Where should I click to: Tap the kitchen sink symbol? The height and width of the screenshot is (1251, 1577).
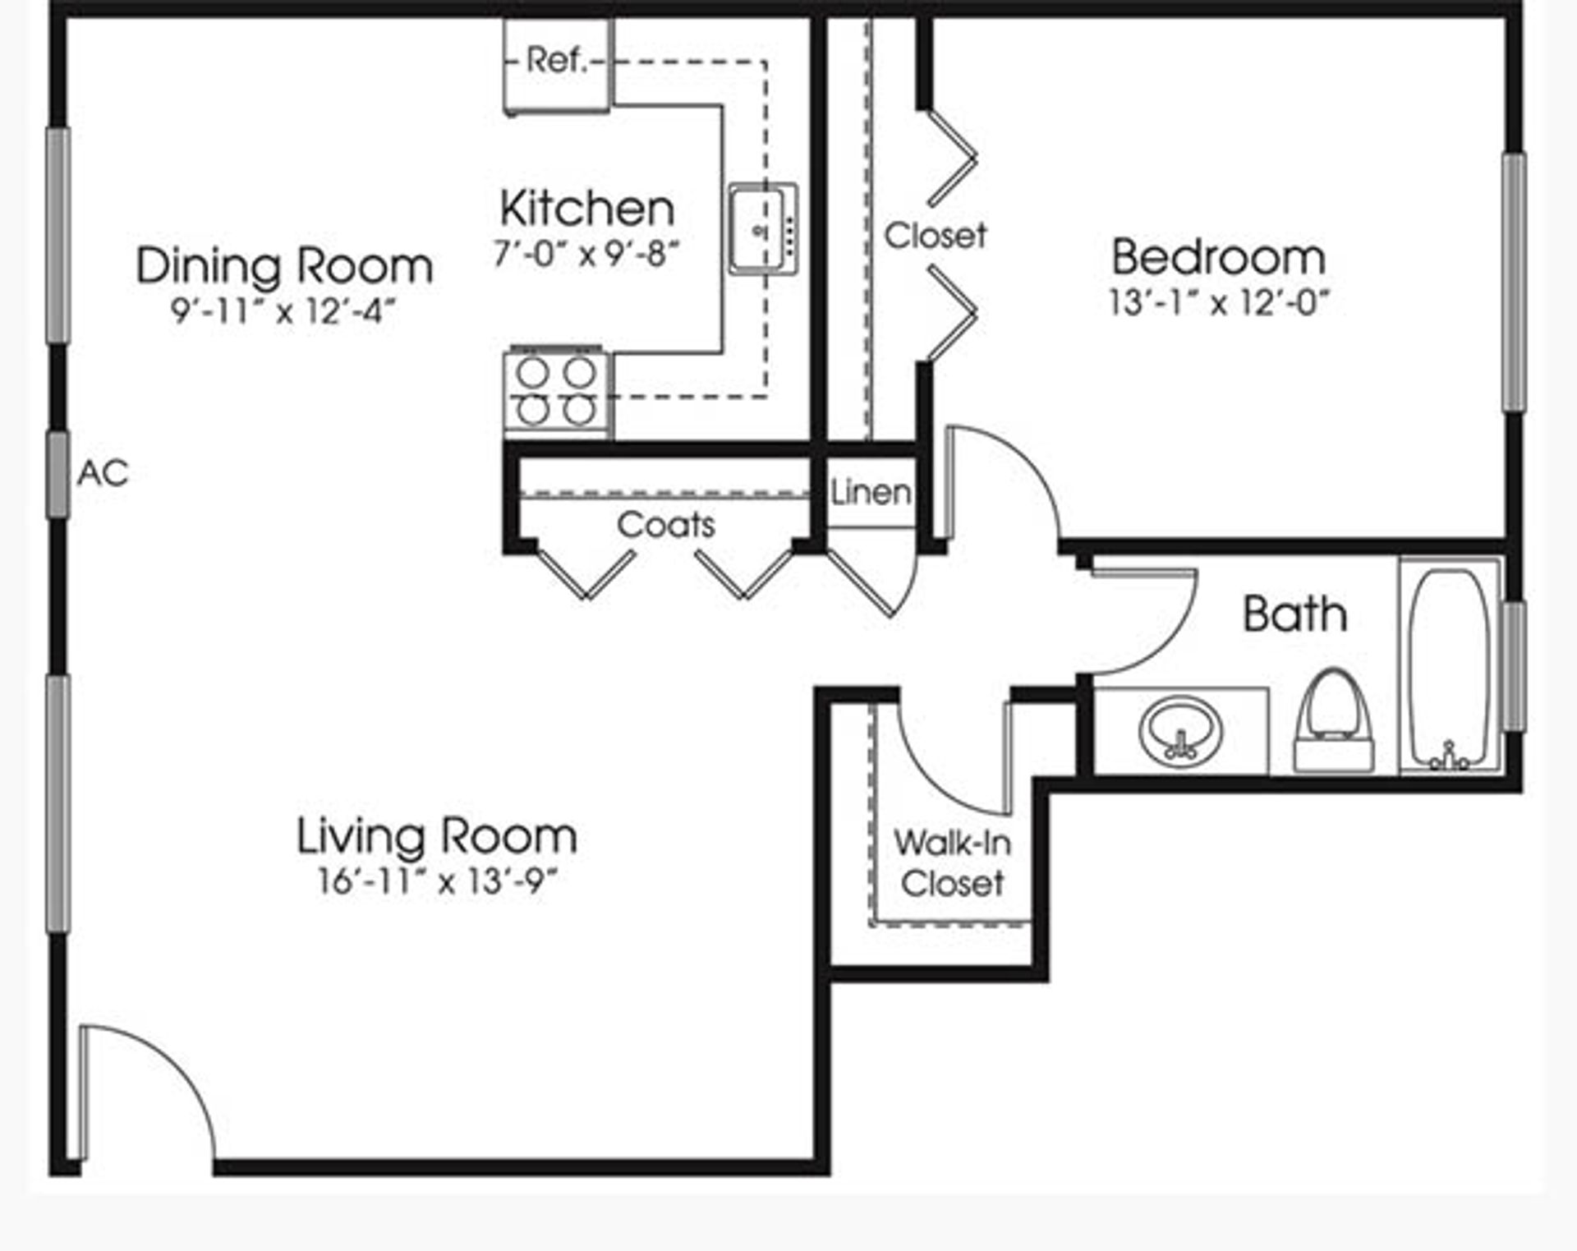point(763,229)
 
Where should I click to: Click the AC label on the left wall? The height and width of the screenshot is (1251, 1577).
point(103,473)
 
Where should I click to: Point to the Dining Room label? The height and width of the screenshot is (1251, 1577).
point(284,267)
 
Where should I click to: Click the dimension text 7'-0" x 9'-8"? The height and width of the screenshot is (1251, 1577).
point(586,254)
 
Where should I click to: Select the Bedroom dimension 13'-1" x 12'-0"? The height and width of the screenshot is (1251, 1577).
point(1219,303)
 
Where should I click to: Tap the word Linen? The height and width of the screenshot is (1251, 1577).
point(871,493)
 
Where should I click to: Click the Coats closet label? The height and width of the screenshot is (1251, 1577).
point(666,525)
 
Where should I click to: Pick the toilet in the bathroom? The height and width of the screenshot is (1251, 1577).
point(1333,723)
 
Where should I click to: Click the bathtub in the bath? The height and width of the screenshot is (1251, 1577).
point(1450,667)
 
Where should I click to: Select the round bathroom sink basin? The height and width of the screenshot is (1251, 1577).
point(1180,729)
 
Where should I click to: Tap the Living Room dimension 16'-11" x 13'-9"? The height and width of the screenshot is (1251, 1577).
point(438,881)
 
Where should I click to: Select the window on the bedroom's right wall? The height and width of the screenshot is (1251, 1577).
point(1515,282)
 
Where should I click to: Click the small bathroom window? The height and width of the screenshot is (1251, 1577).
point(1515,666)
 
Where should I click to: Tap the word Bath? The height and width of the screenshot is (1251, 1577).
point(1295,614)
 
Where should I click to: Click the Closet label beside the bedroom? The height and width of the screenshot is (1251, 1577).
point(935,236)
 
